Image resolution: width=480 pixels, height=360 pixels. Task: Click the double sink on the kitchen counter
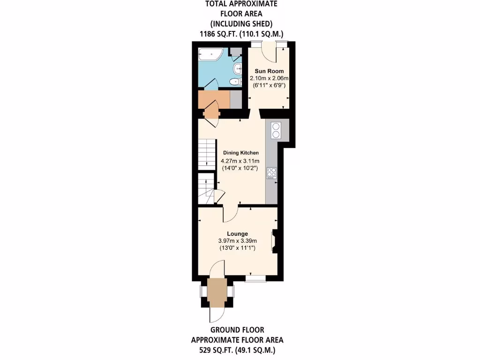click(x=275, y=130)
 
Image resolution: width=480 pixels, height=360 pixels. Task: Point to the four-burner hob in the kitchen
click(x=271, y=172)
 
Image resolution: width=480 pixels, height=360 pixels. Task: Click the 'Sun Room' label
click(x=269, y=71)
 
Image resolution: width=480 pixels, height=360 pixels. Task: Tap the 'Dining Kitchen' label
click(x=240, y=153)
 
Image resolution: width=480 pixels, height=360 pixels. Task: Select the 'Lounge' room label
click(x=237, y=233)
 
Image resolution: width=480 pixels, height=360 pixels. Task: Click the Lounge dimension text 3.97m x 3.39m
click(x=237, y=240)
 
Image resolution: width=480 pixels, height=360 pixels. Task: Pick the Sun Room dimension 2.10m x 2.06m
click(x=269, y=78)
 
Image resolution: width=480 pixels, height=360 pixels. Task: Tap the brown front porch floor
click(x=217, y=292)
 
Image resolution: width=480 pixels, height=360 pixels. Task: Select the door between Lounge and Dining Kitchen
click(x=231, y=214)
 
